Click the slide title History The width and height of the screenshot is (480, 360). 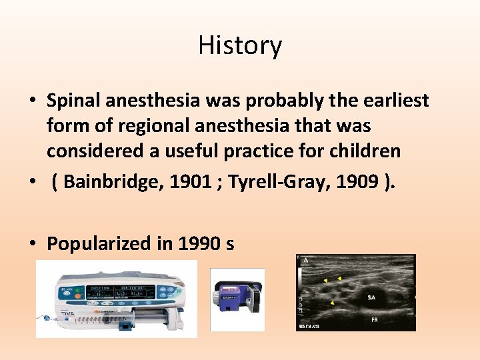[x=240, y=46]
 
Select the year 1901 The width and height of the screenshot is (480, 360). [x=185, y=182]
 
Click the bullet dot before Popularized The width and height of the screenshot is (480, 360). [x=33, y=244]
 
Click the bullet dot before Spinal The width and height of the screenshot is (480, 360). [x=33, y=101]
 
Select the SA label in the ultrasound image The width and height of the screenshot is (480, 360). [x=371, y=297]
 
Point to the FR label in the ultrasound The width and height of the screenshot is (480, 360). [x=375, y=320]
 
